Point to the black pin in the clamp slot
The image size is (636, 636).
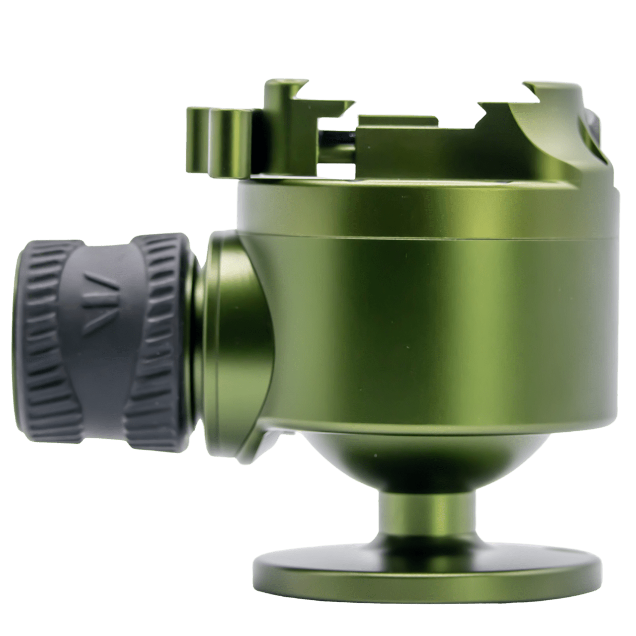click(338, 135)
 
